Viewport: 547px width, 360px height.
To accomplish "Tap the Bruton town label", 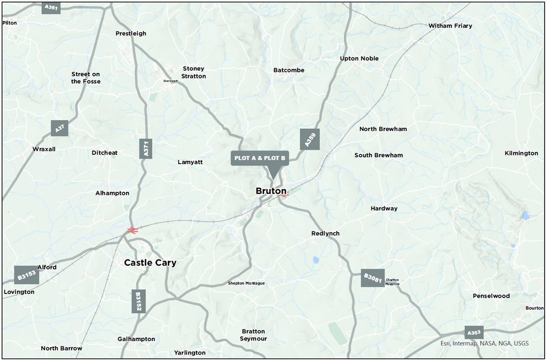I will pyautogui.click(x=271, y=191).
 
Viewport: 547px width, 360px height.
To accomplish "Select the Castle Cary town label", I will pyautogui.click(x=150, y=263).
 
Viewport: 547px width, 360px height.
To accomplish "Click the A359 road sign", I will pyautogui.click(x=310, y=139).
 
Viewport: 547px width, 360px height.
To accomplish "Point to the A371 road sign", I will pyautogui.click(x=146, y=149).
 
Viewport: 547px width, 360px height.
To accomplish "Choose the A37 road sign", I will pyautogui.click(x=59, y=129).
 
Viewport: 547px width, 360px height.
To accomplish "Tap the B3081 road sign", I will pyautogui.click(x=372, y=277).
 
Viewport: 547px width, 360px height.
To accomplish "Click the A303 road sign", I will pyautogui.click(x=474, y=332).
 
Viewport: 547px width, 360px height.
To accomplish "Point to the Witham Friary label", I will pyautogui.click(x=450, y=26).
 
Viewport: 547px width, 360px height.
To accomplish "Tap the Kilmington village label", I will pyautogui.click(x=521, y=153).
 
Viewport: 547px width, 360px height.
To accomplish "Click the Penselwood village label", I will pyautogui.click(x=491, y=296).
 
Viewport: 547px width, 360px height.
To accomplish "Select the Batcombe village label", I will pyautogui.click(x=289, y=70).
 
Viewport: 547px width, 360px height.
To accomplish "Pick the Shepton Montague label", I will pyautogui.click(x=246, y=283).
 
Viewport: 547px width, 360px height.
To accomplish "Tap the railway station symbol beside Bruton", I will pyautogui.click(x=284, y=195).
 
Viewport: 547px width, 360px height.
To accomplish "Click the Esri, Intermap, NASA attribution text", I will pyautogui.click(x=485, y=343).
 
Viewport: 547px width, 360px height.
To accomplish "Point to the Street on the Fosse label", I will pyautogui.click(x=86, y=78).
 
